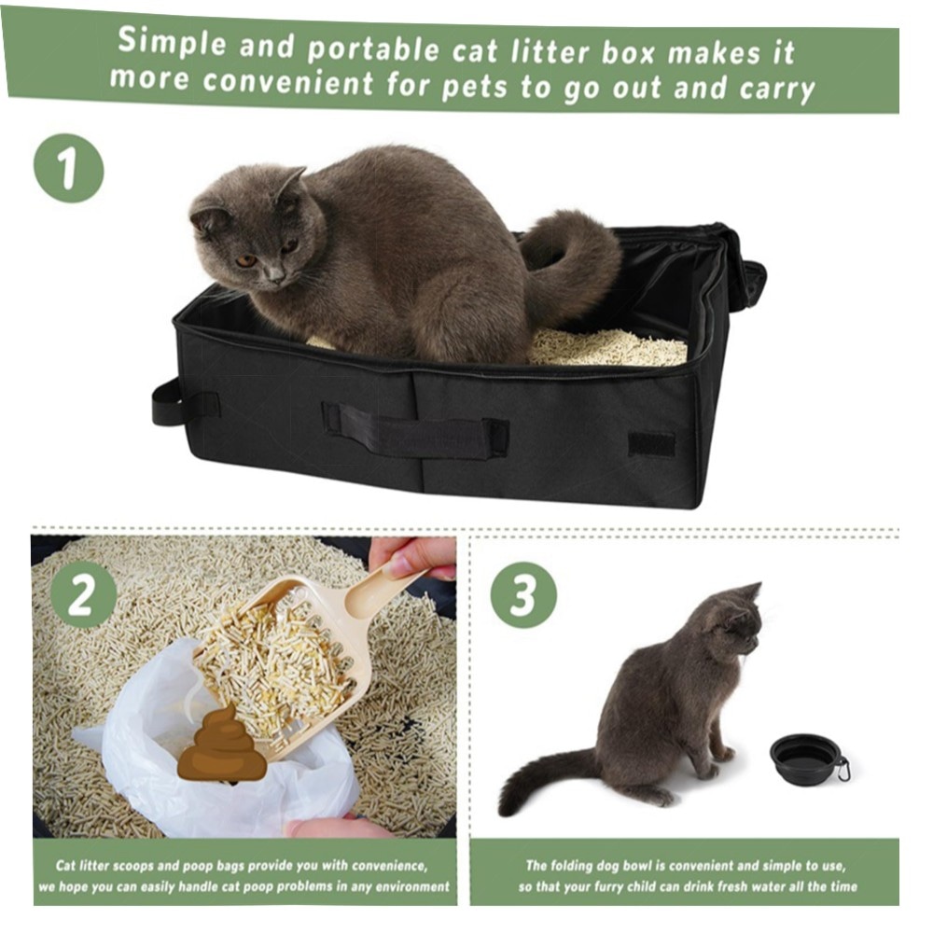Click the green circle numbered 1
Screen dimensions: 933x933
(68, 168)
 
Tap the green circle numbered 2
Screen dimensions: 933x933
(83, 595)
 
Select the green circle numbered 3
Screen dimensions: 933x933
(523, 595)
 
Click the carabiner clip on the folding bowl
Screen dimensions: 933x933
(842, 770)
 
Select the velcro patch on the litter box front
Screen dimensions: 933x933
(652, 445)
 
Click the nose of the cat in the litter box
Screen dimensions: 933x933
(275, 275)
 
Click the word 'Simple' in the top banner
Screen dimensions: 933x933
(172, 42)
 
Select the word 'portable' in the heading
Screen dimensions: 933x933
(373, 49)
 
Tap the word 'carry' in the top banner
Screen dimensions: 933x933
(777, 90)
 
